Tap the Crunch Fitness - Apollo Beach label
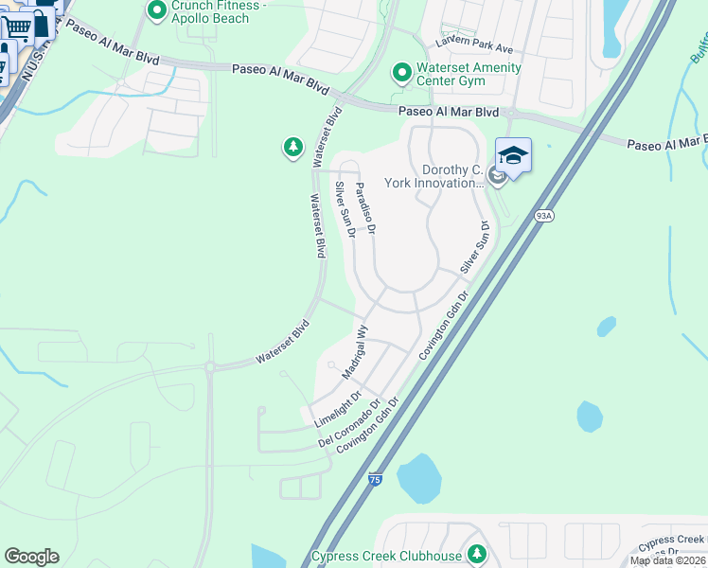220,11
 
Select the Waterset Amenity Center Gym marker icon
401,72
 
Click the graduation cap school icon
513,156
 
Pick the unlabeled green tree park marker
292,148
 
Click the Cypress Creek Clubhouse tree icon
478,553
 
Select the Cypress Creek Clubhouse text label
386,556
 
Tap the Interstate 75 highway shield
376,481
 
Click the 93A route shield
543,216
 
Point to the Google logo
31,557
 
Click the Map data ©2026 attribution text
667,560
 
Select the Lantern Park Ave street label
474,44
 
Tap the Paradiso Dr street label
366,209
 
